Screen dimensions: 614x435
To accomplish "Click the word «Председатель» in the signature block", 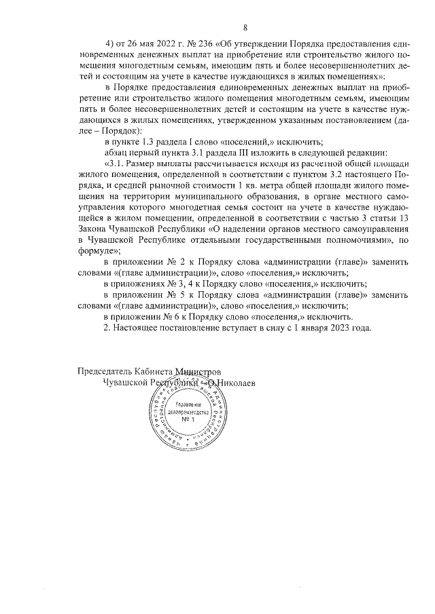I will coord(105,372).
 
